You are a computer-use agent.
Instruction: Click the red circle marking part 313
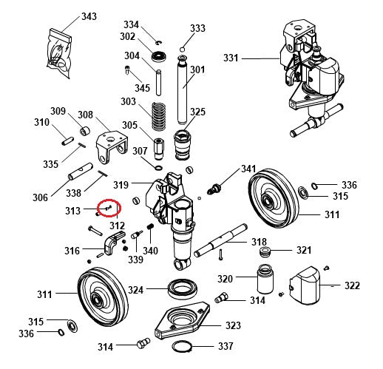click(x=109, y=208)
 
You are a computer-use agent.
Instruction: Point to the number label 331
click(x=231, y=58)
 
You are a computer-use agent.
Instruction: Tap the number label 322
click(x=353, y=285)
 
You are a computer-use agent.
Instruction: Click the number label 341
click(x=248, y=169)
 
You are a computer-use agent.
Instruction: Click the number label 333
click(x=197, y=29)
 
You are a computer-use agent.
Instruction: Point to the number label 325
click(x=197, y=112)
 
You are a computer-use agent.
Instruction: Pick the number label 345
click(x=142, y=89)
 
